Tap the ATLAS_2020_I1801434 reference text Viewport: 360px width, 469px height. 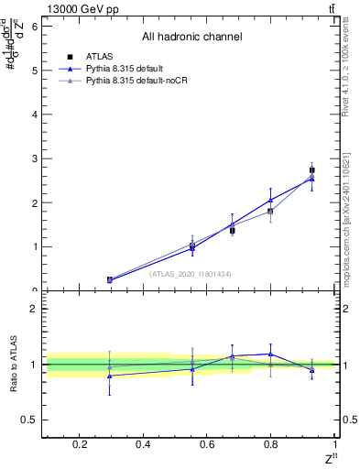pos(191,273)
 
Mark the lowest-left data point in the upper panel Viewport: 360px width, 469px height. pos(110,279)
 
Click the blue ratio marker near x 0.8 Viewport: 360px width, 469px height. pos(270,354)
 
